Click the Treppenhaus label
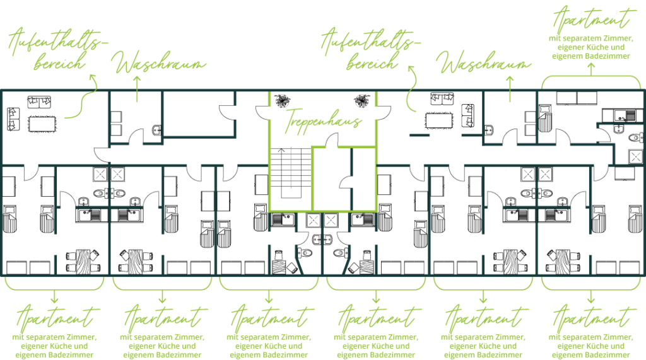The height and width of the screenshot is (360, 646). [x=323, y=120]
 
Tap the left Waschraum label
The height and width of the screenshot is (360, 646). [x=158, y=62]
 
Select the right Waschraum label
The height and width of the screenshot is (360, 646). [x=484, y=62]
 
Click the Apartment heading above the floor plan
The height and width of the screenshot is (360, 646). [x=591, y=18]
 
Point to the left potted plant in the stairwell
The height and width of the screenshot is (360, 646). [x=282, y=100]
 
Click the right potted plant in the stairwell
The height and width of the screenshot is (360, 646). [x=361, y=100]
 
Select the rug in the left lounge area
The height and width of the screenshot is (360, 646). [x=42, y=123]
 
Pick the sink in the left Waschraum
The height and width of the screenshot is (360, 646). [x=157, y=131]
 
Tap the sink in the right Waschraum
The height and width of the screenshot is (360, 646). [x=489, y=131]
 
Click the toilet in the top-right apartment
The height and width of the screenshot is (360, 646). [x=636, y=137]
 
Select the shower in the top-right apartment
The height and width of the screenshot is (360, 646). [x=635, y=156]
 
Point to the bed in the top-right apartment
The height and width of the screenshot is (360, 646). [x=545, y=119]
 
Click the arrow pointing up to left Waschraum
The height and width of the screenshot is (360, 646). [x=137, y=88]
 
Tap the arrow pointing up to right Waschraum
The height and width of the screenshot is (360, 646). [x=510, y=88]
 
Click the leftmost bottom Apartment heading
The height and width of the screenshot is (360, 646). [x=56, y=318]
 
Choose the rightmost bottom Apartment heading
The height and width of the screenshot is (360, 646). [x=591, y=318]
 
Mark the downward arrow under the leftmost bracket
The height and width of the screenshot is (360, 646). [x=54, y=296]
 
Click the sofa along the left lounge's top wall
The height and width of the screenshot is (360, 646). [x=39, y=102]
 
